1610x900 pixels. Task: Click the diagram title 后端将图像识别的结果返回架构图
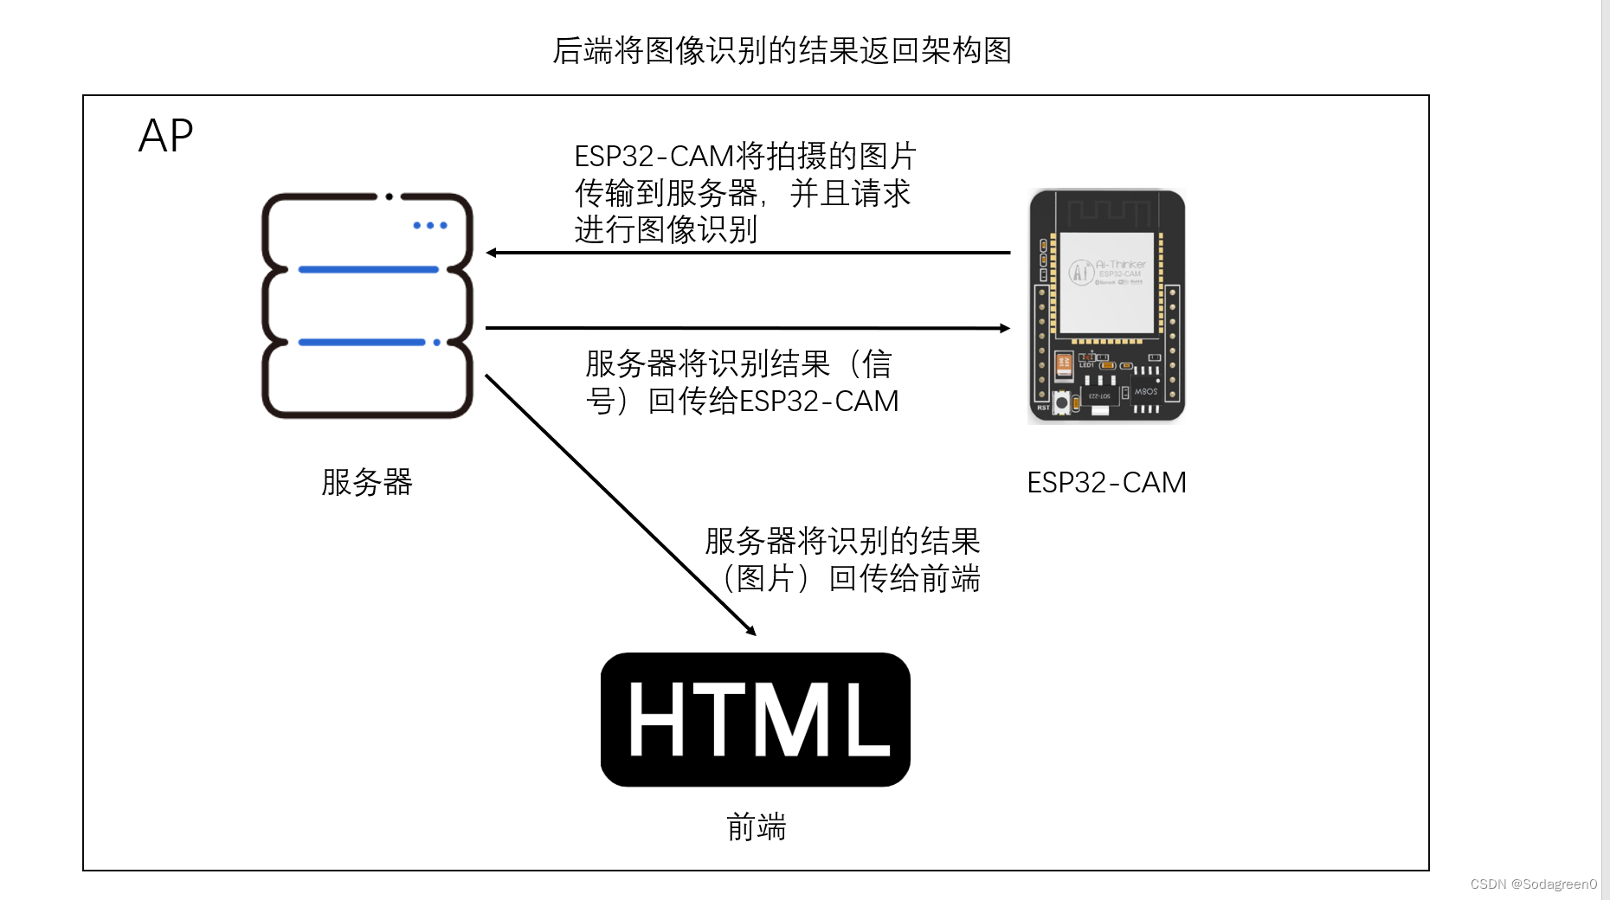tap(782, 50)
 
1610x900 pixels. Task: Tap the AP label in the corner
tap(165, 136)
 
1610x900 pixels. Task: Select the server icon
tap(367, 305)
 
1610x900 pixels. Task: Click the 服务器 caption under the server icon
tap(367, 482)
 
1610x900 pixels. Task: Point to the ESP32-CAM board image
tap(1106, 306)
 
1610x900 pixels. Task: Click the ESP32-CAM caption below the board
tap(1106, 482)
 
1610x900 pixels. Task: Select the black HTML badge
tap(755, 719)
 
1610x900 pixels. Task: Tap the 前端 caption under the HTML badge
tap(757, 827)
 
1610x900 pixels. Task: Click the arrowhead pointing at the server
tap(492, 253)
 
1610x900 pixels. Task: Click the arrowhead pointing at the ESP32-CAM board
tap(1005, 328)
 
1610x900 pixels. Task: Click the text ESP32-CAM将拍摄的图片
tap(745, 157)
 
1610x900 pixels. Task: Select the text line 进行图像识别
tap(666, 230)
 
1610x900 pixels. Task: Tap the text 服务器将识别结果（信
tap(738, 363)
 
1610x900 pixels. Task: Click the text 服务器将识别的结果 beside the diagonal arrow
tap(842, 541)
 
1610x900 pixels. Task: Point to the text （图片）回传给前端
tap(851, 578)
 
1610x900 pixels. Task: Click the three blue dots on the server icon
tap(430, 225)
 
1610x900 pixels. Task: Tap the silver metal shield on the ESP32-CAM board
tap(1107, 282)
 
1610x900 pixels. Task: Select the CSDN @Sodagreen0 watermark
tap(1533, 884)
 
